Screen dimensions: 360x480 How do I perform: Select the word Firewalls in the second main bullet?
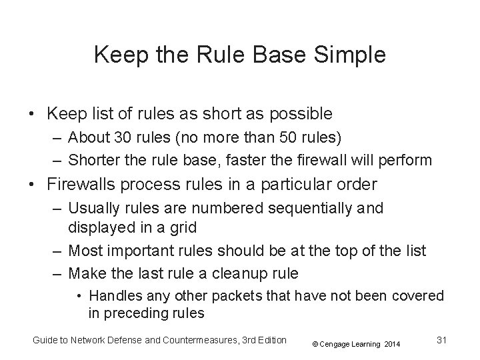[x=91, y=183]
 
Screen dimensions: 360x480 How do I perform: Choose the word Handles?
[x=113, y=295]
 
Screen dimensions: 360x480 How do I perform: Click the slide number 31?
[x=441, y=340]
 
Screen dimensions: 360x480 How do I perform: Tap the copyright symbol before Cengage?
[x=317, y=344]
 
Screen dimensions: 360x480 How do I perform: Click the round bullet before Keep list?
[x=33, y=114]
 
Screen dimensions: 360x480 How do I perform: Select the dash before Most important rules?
[x=58, y=251]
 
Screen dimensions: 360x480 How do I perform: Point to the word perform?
[x=409, y=160]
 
